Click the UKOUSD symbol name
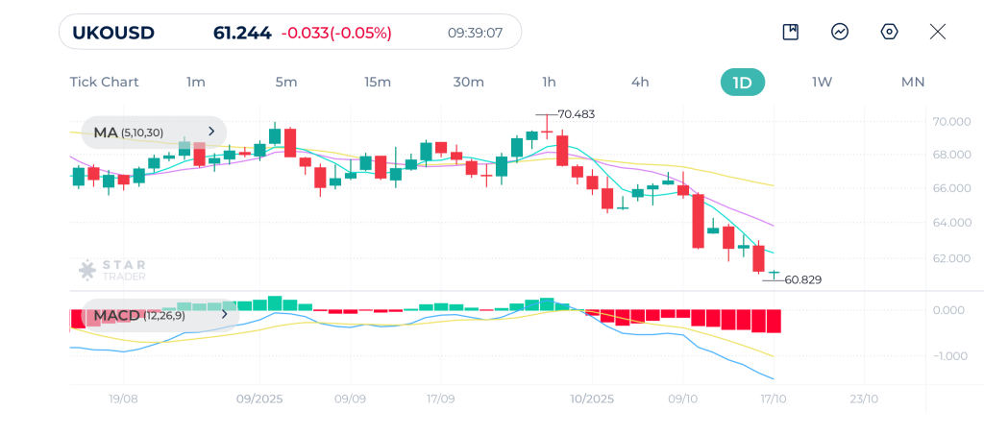coord(113,33)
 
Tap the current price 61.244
coord(242,33)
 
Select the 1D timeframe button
coord(742,82)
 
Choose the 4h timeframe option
coord(640,82)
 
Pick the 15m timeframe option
coord(378,82)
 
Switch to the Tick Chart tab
coord(104,82)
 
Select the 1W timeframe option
coord(822,82)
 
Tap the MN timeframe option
coord(913,82)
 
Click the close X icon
coord(938,32)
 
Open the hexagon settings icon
coord(889,32)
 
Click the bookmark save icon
coord(791,32)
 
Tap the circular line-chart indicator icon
coord(840,32)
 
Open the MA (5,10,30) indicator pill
coord(154,132)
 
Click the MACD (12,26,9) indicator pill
coord(154,314)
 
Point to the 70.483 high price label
coord(577,114)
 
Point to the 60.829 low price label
coord(803,279)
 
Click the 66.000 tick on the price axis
coord(950,188)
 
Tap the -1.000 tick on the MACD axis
coord(949,356)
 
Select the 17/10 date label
coord(774,399)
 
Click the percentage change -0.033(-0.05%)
coord(336,33)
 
